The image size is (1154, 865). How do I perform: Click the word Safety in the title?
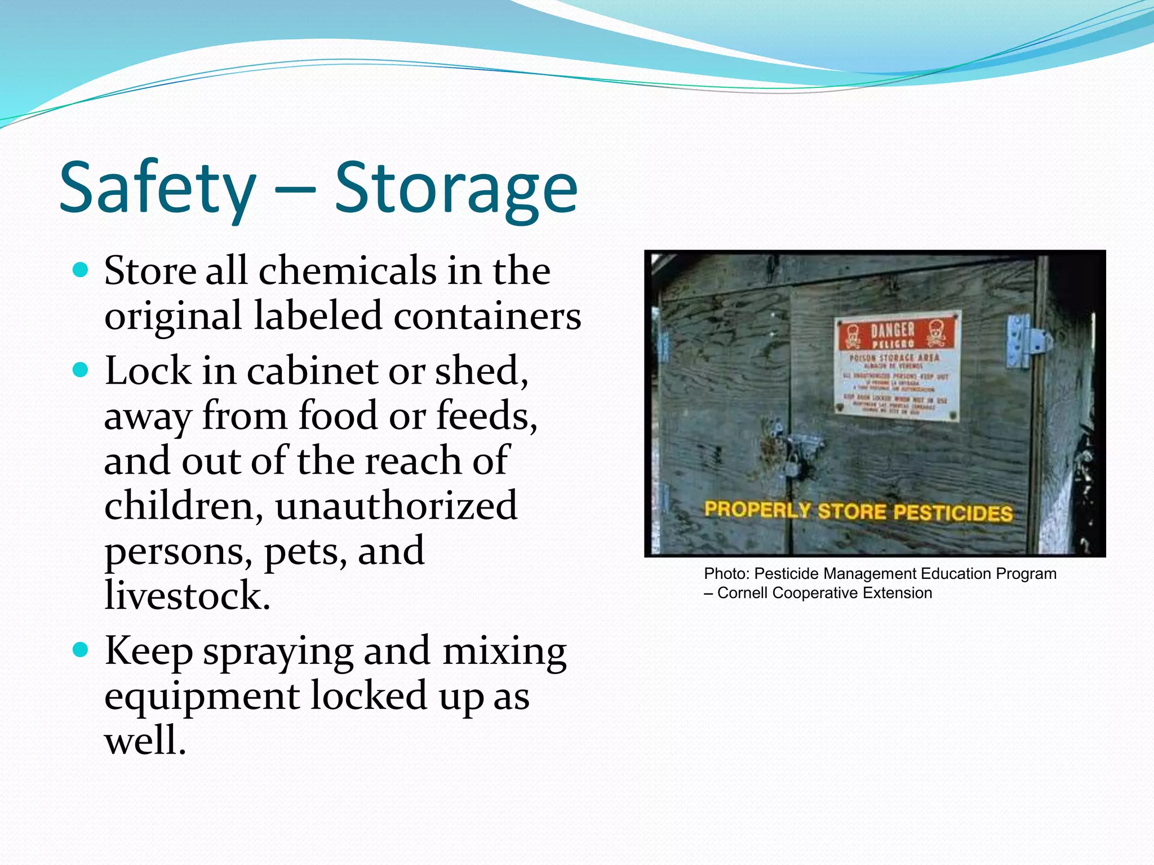(x=157, y=188)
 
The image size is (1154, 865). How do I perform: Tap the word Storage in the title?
(x=456, y=188)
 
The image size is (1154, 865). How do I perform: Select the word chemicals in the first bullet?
(x=347, y=271)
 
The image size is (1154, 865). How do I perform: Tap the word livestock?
(x=188, y=595)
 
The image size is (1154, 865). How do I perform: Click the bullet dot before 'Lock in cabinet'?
(x=81, y=371)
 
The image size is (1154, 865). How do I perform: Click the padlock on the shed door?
(x=791, y=465)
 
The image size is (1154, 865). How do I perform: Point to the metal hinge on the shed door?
(x=1028, y=341)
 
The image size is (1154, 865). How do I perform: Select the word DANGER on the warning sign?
(x=893, y=330)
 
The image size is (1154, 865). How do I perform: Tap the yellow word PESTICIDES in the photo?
(x=952, y=512)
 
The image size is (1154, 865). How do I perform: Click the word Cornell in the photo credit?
(x=743, y=593)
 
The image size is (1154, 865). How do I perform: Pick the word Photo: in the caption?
(x=726, y=574)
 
